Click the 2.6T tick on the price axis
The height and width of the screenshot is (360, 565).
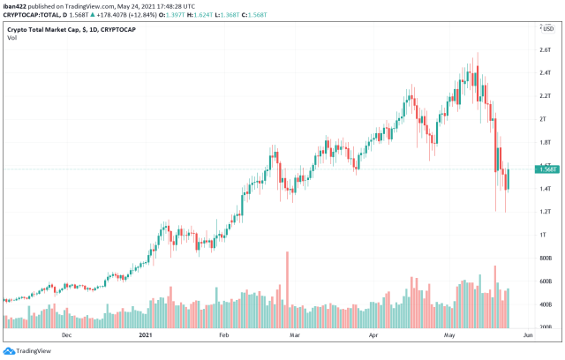(x=545, y=49)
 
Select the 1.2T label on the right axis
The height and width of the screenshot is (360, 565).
(x=545, y=212)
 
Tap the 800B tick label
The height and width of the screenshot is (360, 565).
(x=546, y=258)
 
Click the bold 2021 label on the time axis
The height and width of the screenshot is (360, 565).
(x=147, y=336)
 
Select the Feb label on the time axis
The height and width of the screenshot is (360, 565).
(x=223, y=336)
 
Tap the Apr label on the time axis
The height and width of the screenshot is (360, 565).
(x=374, y=336)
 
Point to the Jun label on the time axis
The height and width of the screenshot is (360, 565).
(x=528, y=336)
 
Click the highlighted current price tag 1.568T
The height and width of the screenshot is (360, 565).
(x=546, y=169)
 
